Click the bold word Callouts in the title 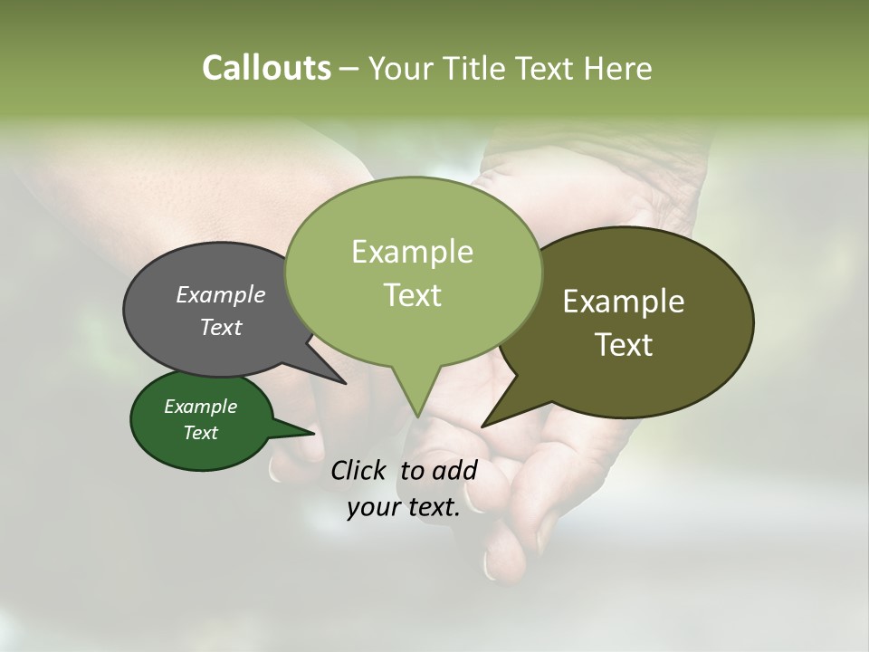pyautogui.click(x=266, y=68)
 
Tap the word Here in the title pyautogui.click(x=616, y=68)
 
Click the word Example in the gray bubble pyautogui.click(x=221, y=294)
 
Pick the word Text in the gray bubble pyautogui.click(x=221, y=327)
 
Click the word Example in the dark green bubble pyautogui.click(x=200, y=407)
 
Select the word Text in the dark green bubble pyautogui.click(x=200, y=433)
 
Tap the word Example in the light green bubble pyautogui.click(x=412, y=252)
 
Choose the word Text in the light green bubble pyautogui.click(x=412, y=294)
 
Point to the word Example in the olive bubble pyautogui.click(x=624, y=302)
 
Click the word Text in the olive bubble pyautogui.click(x=624, y=344)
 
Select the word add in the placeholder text pyautogui.click(x=454, y=470)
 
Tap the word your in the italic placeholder pyautogui.click(x=372, y=507)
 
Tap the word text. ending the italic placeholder pyautogui.click(x=432, y=507)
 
